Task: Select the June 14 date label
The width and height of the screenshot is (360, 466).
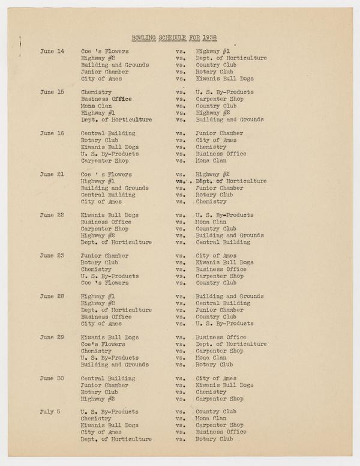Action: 52,51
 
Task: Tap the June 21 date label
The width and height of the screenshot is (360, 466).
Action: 52,174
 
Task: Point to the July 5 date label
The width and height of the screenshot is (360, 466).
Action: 52,412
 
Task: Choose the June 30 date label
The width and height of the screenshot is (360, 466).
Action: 52,378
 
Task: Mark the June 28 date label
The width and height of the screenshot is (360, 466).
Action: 52,297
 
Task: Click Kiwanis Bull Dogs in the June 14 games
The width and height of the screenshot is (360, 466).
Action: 224,79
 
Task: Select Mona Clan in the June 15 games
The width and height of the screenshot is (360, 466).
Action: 96,106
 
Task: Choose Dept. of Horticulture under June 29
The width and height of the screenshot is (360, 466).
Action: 231,344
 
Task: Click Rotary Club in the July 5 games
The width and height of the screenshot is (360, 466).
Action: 214,439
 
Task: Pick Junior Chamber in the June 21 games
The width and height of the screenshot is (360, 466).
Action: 220,188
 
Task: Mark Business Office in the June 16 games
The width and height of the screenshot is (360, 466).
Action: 221,154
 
